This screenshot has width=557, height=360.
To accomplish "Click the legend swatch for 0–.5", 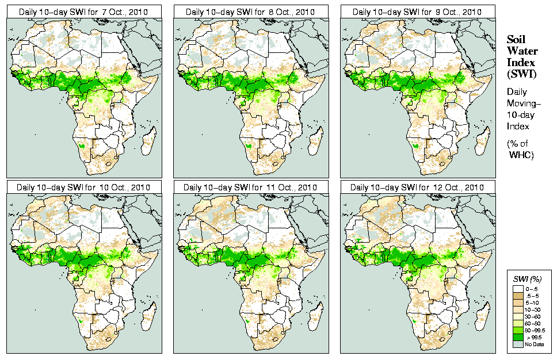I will tap(518, 288).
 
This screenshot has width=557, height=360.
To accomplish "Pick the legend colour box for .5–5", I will tap(518, 295).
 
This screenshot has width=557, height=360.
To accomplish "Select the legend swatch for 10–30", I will tap(518, 309).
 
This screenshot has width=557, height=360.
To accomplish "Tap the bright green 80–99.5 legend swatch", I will tap(518, 330).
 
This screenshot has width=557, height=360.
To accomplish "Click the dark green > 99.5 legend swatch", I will tap(518, 336).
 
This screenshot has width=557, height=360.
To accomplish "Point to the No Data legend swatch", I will tap(518, 343).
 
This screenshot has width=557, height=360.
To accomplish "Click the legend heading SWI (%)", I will tap(527, 279).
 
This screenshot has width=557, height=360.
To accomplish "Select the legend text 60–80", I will tap(533, 323).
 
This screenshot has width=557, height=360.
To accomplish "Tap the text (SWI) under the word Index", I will tap(521, 74).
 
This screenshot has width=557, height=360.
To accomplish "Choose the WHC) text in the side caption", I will tap(522, 155).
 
